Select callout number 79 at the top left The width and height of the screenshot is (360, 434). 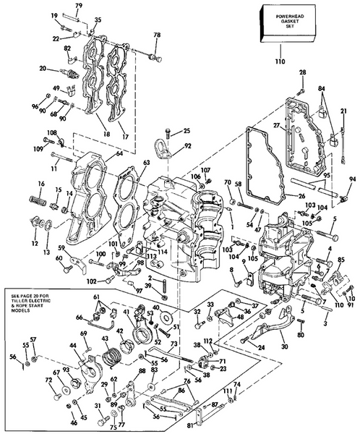pyautogui.click(x=79, y=6)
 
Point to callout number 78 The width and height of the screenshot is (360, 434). pyautogui.click(x=157, y=36)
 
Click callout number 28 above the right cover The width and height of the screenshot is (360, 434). pyautogui.click(x=302, y=72)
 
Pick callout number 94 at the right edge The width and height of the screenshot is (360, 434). pyautogui.click(x=352, y=179)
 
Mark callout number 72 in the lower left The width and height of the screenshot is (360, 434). pyautogui.click(x=49, y=379)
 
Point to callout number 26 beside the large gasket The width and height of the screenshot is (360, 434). pyautogui.click(x=282, y=195)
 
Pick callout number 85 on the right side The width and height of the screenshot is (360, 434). pyautogui.click(x=341, y=260)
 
